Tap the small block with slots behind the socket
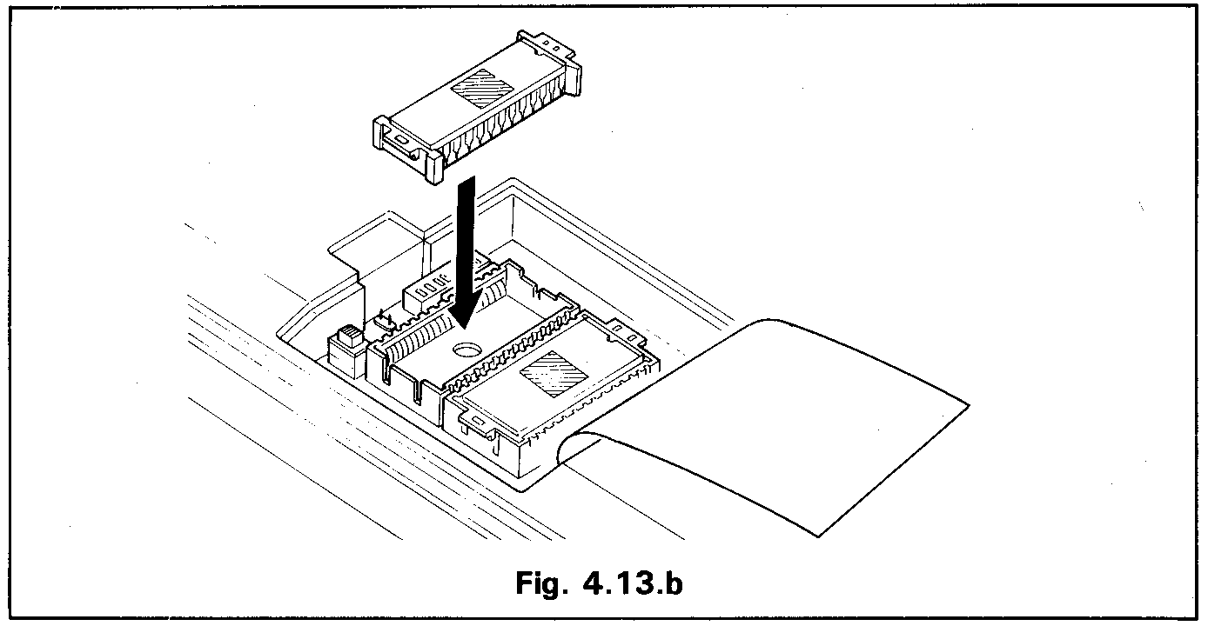(x=426, y=290)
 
